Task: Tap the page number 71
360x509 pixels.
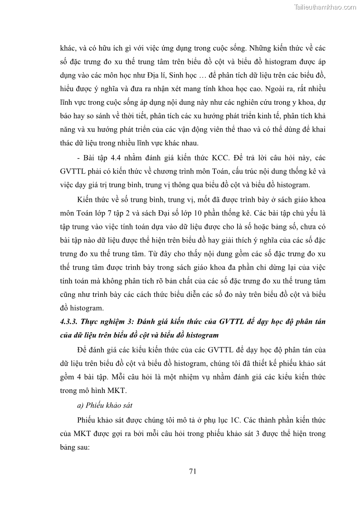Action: pos(192,471)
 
